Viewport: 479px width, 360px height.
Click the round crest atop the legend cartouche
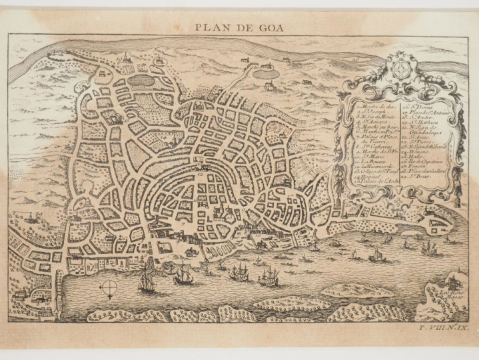(400, 71)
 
